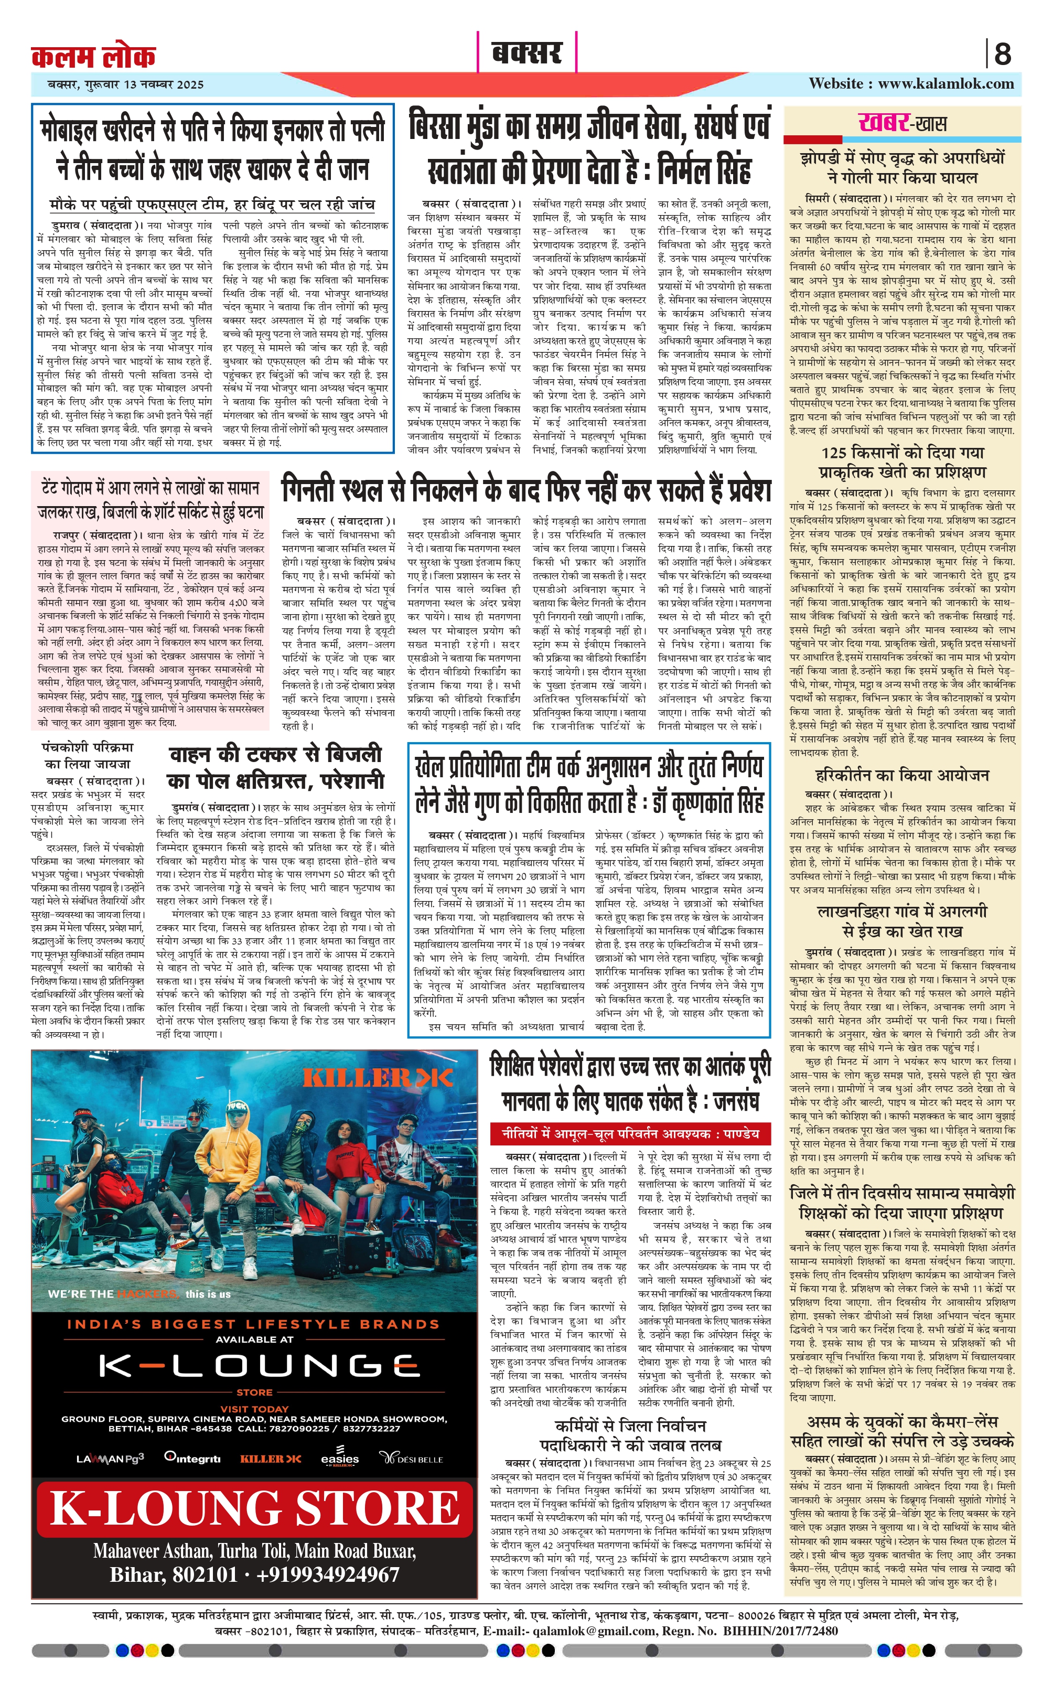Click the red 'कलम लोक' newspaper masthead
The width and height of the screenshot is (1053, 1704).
click(93, 56)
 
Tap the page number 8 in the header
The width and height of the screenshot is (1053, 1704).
click(1002, 53)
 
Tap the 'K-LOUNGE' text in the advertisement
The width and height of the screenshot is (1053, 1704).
click(255, 1366)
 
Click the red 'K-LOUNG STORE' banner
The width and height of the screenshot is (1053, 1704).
click(255, 1508)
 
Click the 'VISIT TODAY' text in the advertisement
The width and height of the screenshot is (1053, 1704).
click(254, 1409)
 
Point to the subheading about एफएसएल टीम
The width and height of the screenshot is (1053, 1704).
click(212, 204)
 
